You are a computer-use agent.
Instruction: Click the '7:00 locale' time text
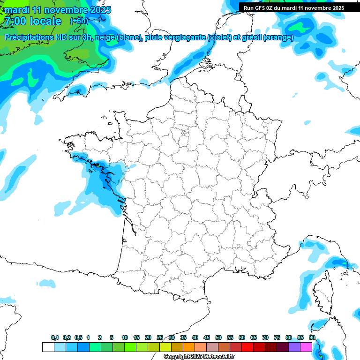click(32, 21)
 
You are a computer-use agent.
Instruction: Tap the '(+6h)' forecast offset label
click(79, 21)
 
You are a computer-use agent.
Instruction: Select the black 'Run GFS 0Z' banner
click(299, 7)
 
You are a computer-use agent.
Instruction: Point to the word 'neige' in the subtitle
click(105, 37)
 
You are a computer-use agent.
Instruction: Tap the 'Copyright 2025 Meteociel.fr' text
click(199, 357)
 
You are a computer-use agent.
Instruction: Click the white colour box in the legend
click(48, 347)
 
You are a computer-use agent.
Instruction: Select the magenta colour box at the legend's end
click(306, 347)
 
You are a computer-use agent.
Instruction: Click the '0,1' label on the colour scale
click(55, 337)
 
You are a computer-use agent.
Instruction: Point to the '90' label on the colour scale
click(312, 337)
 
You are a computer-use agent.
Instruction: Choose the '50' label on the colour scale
click(218, 337)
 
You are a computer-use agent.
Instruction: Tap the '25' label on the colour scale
click(160, 337)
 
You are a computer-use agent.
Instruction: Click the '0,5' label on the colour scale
click(78, 337)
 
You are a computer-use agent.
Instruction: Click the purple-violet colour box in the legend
click(294, 347)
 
